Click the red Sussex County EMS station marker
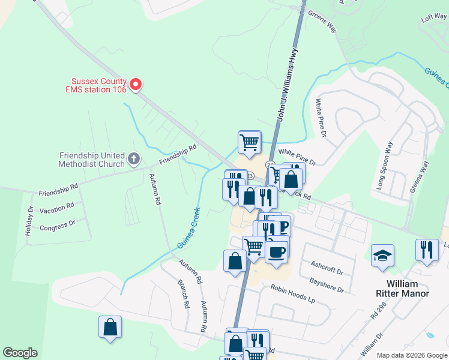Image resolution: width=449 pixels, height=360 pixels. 136,85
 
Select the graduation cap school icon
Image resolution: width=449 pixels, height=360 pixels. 382,256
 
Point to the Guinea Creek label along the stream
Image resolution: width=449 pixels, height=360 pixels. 188,229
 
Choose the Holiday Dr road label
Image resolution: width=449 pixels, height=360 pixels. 29,221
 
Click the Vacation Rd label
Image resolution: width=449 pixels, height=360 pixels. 56,208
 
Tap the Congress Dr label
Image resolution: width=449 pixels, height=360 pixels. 57,226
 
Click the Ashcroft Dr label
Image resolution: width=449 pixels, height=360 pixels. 327,267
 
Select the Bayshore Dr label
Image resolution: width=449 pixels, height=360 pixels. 327,285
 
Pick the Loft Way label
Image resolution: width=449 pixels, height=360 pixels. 434,19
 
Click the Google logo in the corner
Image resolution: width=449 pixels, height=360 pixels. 20,353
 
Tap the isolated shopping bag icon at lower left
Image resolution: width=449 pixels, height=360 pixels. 110,327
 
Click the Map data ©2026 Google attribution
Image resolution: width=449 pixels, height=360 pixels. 411,355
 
